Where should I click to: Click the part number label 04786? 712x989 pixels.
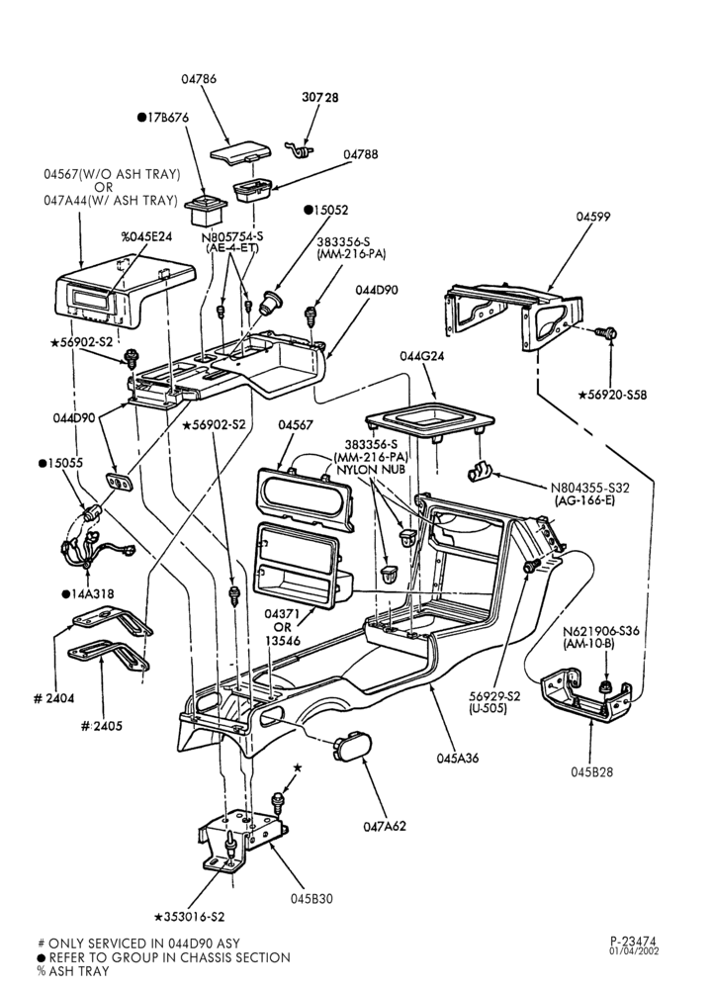tap(199, 79)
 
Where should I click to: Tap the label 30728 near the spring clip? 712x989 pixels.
tap(319, 97)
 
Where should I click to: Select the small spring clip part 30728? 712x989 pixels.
tap(299, 149)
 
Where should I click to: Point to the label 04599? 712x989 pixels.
tap(592, 217)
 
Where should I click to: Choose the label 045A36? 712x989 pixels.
tap(457, 759)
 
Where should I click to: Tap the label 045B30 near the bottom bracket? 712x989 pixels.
tap(311, 899)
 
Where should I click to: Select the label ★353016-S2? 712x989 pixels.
tap(190, 917)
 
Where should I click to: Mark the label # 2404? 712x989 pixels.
tap(53, 698)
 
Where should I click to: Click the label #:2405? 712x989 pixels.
tap(102, 726)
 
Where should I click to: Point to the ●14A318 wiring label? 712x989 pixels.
tap(88, 594)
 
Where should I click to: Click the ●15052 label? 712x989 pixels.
tap(326, 210)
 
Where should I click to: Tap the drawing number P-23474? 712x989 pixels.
tap(633, 942)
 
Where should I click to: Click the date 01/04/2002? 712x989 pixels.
tap(634, 951)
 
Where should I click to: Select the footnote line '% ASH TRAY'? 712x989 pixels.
tap(73, 971)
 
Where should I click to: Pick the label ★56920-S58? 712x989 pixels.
tap(612, 395)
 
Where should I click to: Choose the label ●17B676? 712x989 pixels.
tap(163, 118)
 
